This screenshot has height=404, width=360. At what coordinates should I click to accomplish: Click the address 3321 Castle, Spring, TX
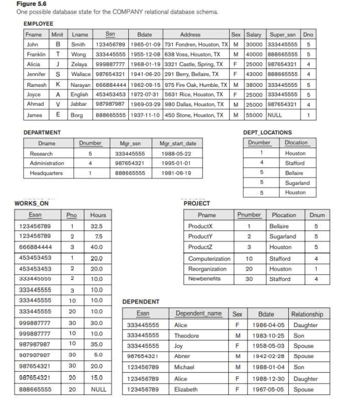(193, 64)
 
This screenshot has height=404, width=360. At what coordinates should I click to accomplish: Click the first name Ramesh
(36, 84)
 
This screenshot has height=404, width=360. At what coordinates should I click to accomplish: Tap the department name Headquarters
(46, 172)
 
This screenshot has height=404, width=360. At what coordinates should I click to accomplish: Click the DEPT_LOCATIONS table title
(267, 132)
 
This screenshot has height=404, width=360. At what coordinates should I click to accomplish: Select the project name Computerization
(209, 259)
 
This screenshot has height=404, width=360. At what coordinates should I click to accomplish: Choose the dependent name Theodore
(187, 335)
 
